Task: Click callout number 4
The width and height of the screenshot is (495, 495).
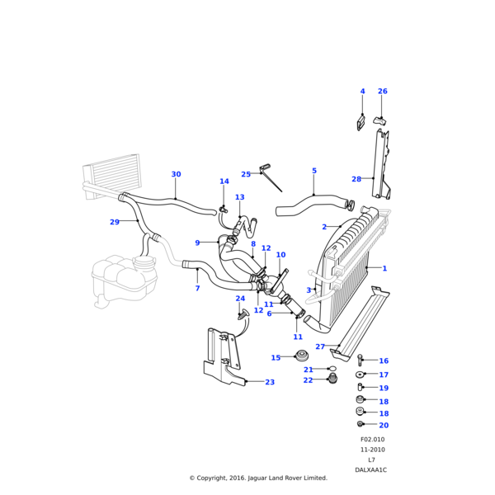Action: point(361,92)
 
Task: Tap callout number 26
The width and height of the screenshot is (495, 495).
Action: point(382,92)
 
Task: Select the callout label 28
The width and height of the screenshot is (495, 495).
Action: point(356,179)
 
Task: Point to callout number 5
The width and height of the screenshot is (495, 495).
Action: point(314,171)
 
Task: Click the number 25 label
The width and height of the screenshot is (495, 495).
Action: point(246,174)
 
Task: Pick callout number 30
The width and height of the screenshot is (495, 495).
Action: point(176,174)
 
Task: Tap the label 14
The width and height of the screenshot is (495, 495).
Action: point(224,181)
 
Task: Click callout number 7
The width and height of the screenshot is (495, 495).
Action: point(197,288)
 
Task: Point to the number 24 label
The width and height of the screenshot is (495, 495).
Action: point(240,299)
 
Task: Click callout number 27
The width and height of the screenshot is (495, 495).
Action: point(320,346)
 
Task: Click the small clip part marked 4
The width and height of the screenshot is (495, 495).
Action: point(361,124)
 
